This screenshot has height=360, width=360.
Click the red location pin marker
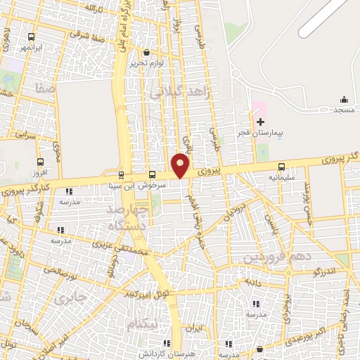coord(181,165)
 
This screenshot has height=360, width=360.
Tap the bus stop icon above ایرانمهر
coord(31,37)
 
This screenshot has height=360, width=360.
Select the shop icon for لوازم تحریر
coord(146,53)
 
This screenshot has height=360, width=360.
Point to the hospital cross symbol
coord(259,122)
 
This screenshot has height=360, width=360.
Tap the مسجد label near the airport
coord(344,111)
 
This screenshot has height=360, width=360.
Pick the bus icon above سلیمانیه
coord(282,167)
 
